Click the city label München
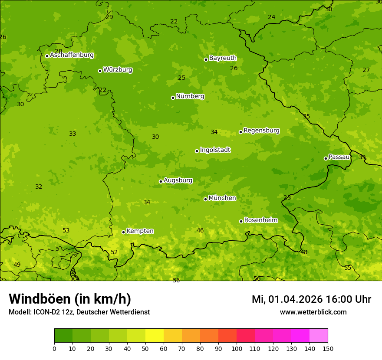tap(222, 198)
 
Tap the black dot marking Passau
tap(326, 158)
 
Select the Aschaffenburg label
tap(72, 55)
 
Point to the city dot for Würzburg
tap(100, 71)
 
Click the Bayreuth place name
tap(223, 58)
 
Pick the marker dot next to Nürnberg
tap(173, 98)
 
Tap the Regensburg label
tap(261, 131)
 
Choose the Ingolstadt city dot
tap(197, 151)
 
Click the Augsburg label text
tap(178, 180)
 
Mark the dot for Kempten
tap(123, 232)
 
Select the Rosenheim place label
tap(261, 220)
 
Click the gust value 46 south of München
tap(200, 230)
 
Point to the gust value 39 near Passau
tap(362, 157)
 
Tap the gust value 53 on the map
tap(66, 230)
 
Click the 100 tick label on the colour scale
tap(237, 348)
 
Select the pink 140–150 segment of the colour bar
tap(319, 336)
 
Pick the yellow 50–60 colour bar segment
tap(155, 336)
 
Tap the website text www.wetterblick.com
tap(313, 312)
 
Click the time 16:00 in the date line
tap(340, 299)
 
